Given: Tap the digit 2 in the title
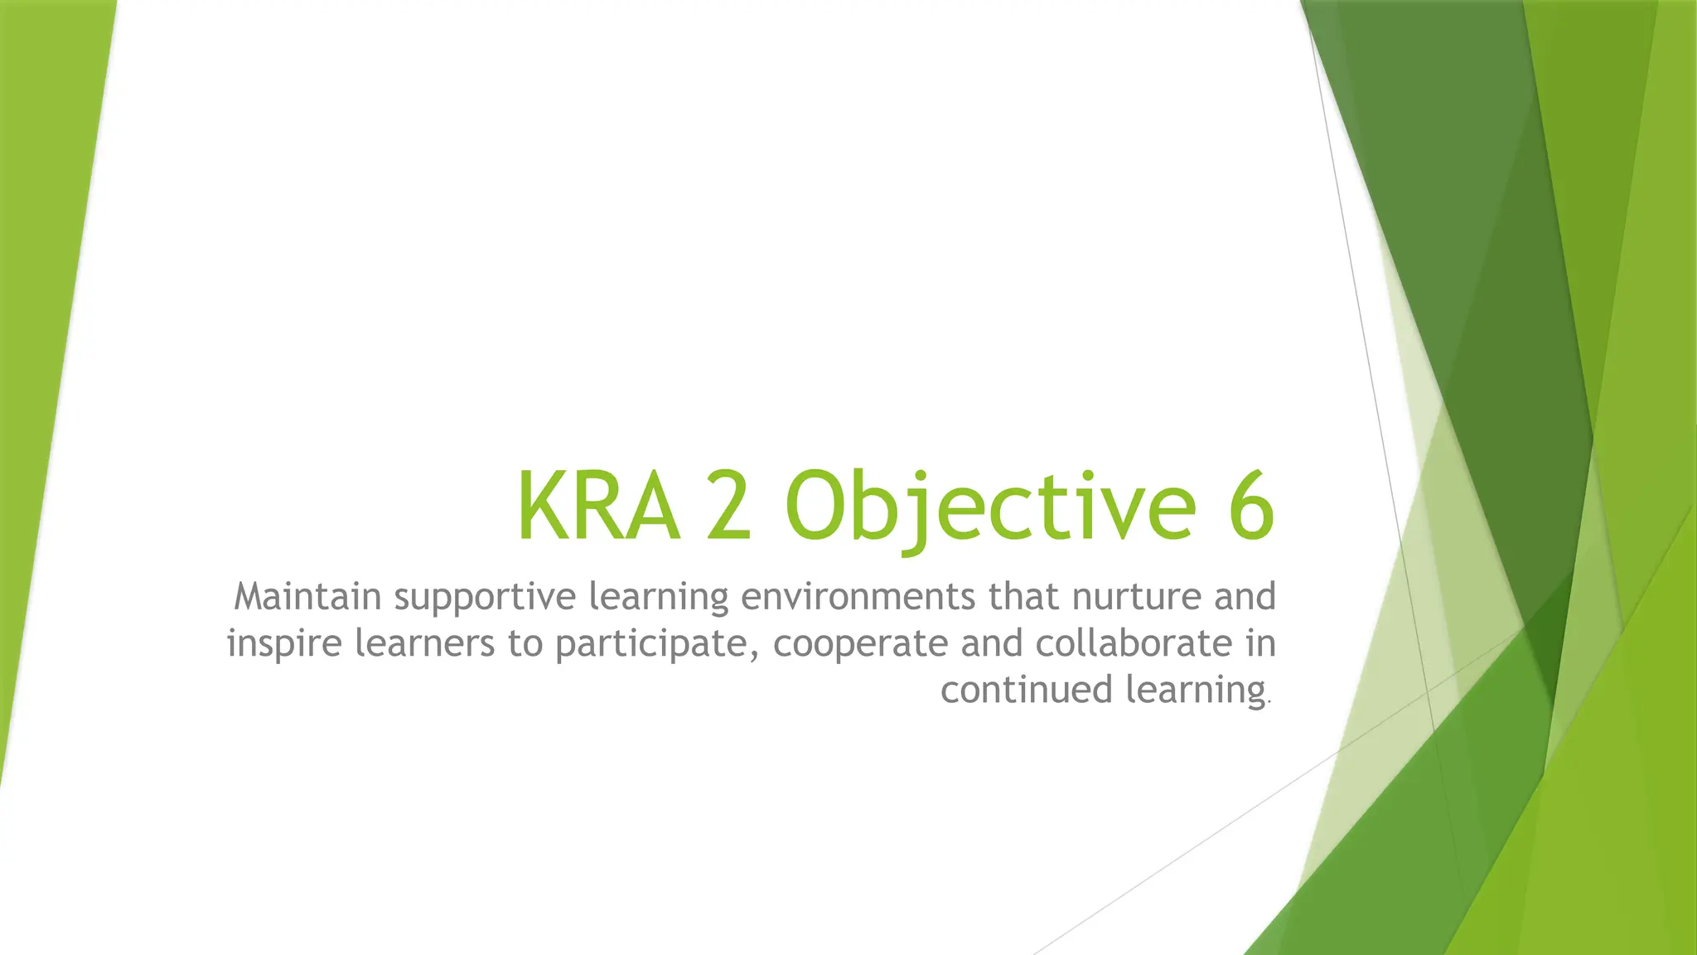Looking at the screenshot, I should tap(729, 506).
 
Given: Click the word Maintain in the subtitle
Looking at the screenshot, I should tap(307, 597).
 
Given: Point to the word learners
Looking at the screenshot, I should tap(424, 643).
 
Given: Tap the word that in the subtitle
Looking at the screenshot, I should tap(1023, 597).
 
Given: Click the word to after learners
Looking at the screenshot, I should tap(525, 644).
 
